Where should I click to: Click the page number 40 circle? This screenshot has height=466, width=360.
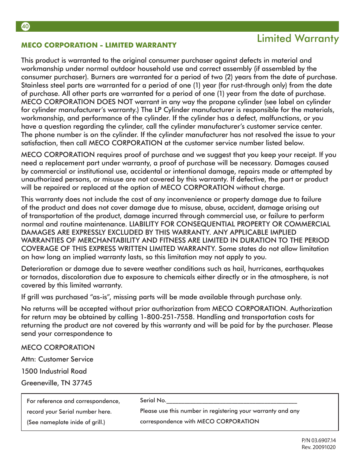pyautogui.click(x=25, y=26)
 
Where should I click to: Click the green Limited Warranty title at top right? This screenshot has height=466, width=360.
pyautogui.click(x=297, y=38)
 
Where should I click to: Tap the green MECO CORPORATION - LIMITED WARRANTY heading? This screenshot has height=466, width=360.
pyautogui.click(x=99, y=45)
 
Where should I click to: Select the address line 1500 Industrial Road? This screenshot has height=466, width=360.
pyautogui.click(x=54, y=371)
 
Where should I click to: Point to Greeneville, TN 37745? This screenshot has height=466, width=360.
pyautogui.click(x=57, y=383)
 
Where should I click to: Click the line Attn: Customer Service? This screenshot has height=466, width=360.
pyautogui.click(x=57, y=359)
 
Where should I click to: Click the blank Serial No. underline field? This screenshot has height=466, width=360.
pyautogui.click(x=231, y=401)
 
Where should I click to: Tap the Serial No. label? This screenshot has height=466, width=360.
pyautogui.click(x=153, y=400)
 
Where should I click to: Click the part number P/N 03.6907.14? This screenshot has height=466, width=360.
pyautogui.click(x=318, y=440)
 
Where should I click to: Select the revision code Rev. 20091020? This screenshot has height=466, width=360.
pyautogui.click(x=318, y=447)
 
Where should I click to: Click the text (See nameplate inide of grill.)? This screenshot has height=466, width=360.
pyautogui.click(x=66, y=422)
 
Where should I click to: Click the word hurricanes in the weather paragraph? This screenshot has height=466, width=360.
pyautogui.click(x=265, y=269)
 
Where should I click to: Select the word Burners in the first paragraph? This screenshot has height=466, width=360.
pyautogui.click(x=103, y=77)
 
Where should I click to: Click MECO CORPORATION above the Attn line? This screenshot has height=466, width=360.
pyautogui.click(x=58, y=348)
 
